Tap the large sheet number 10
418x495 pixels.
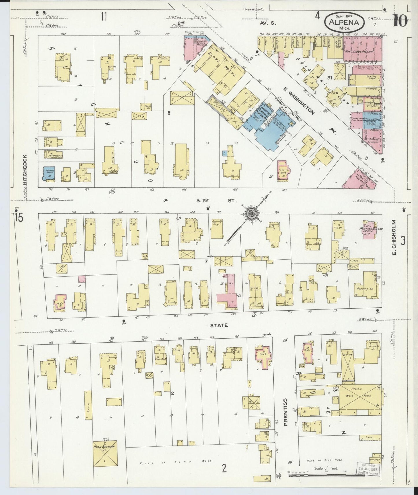pos(399,20)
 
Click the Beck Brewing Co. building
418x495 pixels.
pos(105,455)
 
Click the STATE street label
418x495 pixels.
pos(219,325)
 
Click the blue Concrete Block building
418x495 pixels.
pos(49,174)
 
